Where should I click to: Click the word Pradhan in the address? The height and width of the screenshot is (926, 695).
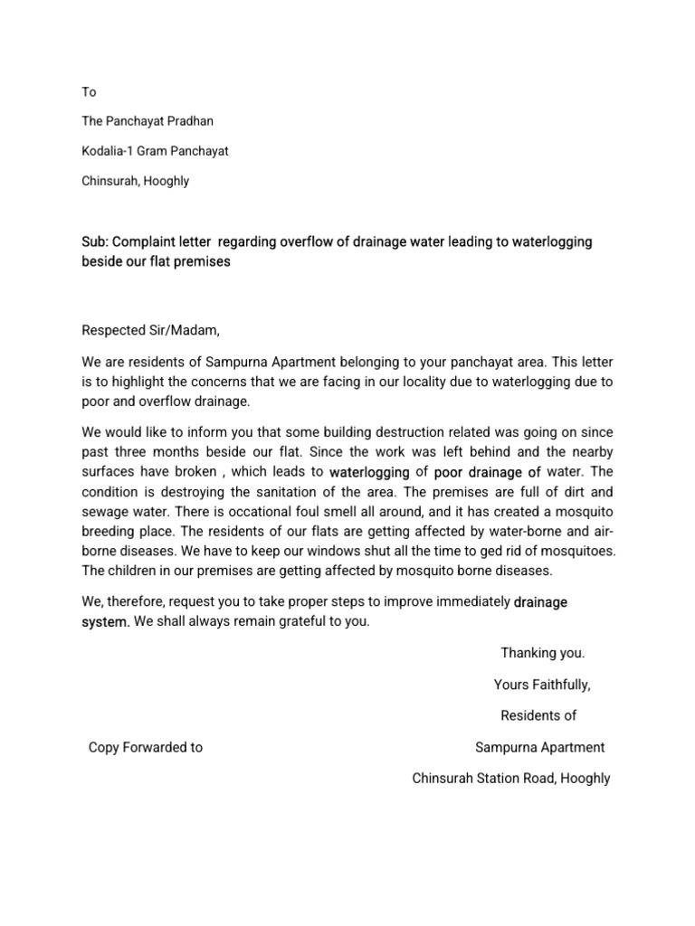186,121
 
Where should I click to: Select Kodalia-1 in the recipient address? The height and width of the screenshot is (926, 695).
112,151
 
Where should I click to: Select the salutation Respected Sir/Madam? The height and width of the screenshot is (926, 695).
150,329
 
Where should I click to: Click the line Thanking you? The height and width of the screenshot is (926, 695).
543,653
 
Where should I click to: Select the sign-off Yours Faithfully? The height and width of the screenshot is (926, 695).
542,685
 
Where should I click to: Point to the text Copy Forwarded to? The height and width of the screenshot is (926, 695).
145,747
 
